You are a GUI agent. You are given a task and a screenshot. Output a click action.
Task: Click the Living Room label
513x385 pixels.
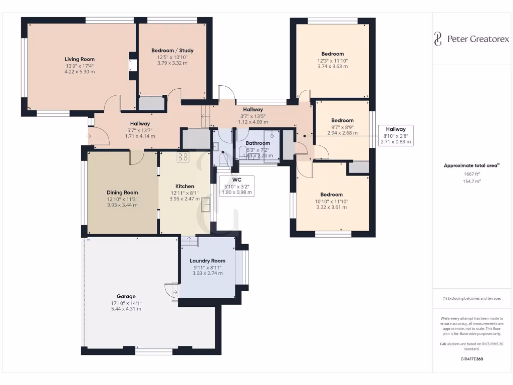coord(80,59)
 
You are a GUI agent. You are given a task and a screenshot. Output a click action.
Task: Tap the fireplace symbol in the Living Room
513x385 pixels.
coord(132,65)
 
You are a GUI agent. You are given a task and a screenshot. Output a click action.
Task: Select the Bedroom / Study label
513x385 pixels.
coord(172,50)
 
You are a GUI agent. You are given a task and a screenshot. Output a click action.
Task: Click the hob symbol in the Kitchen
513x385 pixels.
coord(183,156)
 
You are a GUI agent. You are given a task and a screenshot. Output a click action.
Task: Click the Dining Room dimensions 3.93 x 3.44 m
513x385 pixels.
coord(122,205)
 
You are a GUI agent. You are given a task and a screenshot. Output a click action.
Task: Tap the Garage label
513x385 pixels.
coord(126,296)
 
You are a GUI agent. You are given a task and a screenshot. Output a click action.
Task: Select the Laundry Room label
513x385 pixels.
coord(207,261)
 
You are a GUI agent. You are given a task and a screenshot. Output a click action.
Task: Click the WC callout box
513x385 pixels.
coord(237,185)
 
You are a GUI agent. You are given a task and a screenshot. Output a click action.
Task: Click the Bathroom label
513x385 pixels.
coord(258,143)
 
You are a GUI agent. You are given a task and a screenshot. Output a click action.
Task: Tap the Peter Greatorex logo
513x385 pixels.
coord(471,39)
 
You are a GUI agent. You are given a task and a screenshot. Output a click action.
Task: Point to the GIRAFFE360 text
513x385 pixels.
coord(471,359)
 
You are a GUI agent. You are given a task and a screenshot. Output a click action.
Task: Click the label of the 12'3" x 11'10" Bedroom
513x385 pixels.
coord(333,54)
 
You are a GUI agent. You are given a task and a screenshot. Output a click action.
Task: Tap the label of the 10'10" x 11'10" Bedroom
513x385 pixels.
coord(332,195)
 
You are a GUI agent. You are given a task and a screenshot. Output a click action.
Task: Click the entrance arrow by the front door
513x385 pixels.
coord(89,135)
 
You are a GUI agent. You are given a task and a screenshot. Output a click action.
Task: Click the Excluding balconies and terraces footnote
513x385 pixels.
coord(471,298)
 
